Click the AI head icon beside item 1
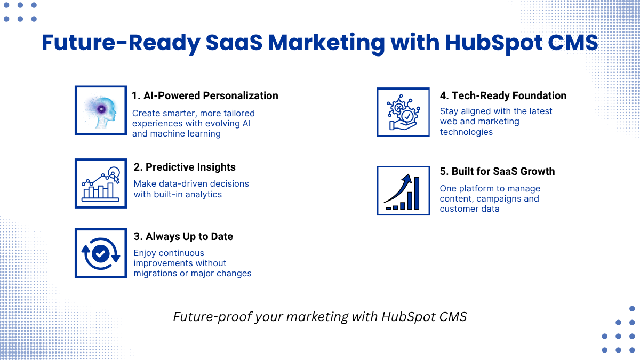click(x=101, y=110)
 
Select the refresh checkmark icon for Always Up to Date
click(x=101, y=253)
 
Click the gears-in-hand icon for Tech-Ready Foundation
click(x=403, y=113)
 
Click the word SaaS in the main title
click(x=234, y=42)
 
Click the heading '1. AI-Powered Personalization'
click(x=205, y=95)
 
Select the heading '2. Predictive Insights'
click(x=185, y=167)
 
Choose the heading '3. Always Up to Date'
click(x=183, y=237)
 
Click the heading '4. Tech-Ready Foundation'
click(x=503, y=95)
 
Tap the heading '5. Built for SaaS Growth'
click(x=498, y=171)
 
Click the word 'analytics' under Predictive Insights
click(x=203, y=195)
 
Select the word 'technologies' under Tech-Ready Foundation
click(x=466, y=132)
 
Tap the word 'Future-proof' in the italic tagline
click(x=213, y=317)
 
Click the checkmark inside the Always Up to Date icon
click(x=100, y=253)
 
